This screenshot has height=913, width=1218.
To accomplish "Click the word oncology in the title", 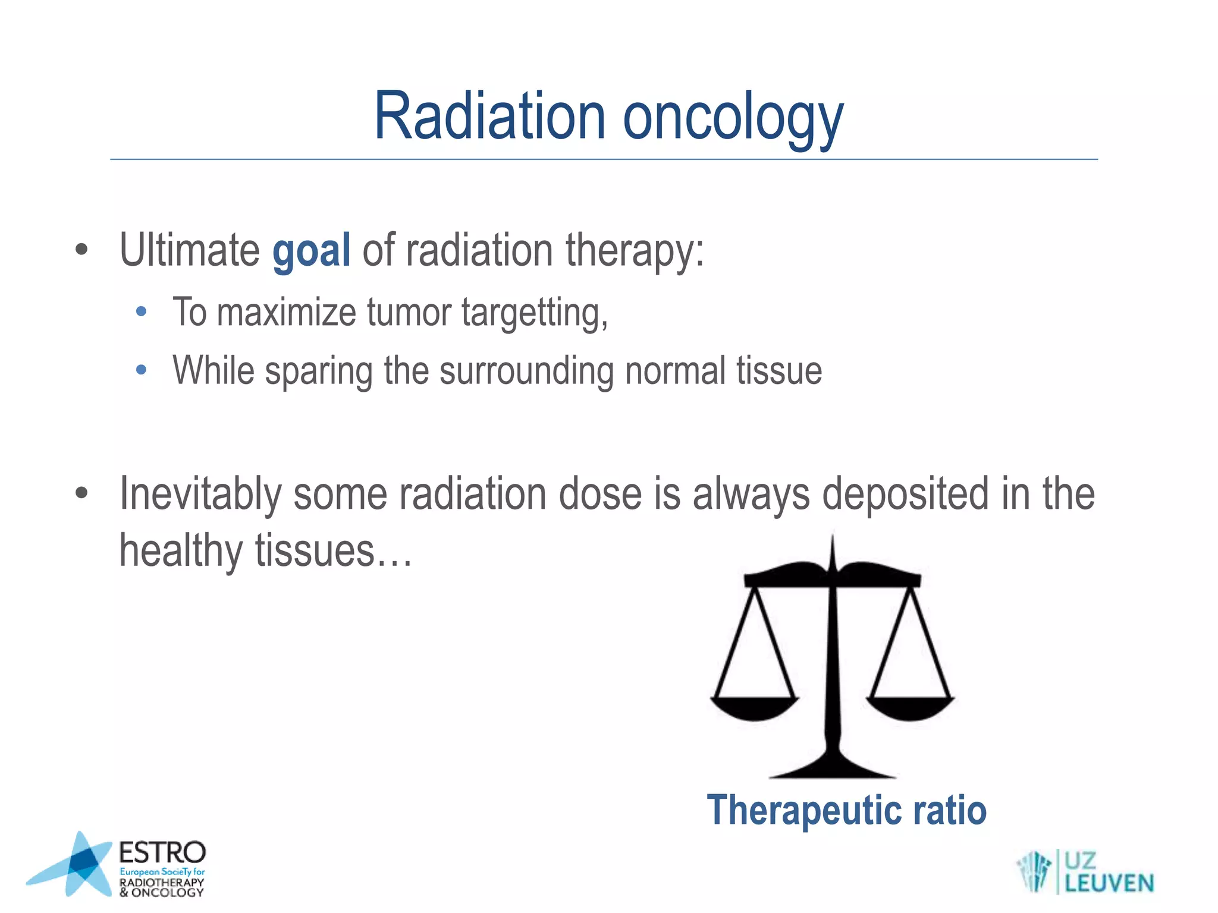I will pos(733,119).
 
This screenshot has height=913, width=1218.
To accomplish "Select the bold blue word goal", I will pos(311,251).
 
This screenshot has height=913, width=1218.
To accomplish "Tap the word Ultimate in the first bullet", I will pos(189,250).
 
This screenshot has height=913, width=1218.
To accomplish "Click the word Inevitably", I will pos(200,495).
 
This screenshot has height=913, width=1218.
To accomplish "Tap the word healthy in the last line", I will pos(181,550).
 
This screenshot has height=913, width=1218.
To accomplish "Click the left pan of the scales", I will pos(754,707).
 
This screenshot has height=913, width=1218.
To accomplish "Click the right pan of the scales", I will pos(910,707).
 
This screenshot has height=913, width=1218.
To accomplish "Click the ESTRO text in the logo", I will pos(162,852).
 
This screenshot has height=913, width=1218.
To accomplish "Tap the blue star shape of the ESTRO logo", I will pos(77,865).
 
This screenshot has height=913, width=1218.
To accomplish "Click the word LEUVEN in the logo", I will pos(1109,883).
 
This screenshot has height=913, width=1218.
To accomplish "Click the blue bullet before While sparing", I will pos(141,370).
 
